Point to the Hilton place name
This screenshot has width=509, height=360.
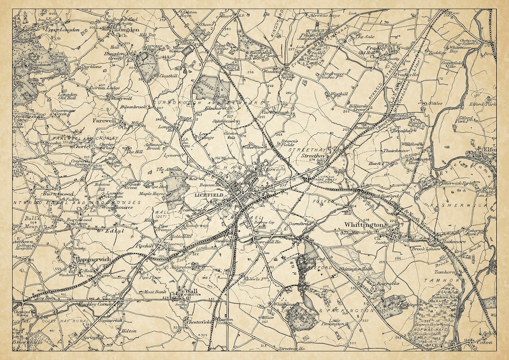coord(128,331)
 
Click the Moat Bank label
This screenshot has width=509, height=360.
coord(155,292)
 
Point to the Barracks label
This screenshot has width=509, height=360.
coord(388,284)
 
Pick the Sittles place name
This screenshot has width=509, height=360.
coord(436,102)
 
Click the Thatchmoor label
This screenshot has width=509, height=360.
coord(395,151)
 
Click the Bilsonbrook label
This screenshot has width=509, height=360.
coord(135,106)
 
